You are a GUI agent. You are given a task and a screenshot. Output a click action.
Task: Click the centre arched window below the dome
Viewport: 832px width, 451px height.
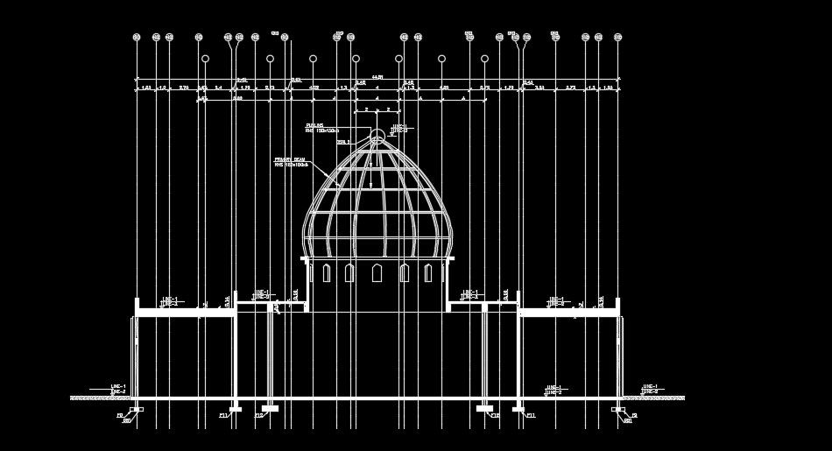[x=377, y=273]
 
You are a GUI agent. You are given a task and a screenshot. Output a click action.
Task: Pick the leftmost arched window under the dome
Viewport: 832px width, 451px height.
[x=327, y=273]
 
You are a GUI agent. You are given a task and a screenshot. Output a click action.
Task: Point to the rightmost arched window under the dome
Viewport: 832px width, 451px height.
[x=428, y=273]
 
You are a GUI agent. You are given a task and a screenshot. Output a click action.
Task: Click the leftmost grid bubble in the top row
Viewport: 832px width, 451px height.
[x=137, y=38]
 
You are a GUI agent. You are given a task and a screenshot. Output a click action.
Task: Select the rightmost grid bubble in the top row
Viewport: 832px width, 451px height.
[x=617, y=38]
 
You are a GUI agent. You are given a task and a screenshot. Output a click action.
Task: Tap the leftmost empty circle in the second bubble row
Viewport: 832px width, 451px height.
[x=205, y=59]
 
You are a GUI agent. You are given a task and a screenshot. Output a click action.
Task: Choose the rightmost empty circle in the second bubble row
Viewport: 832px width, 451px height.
[x=484, y=59]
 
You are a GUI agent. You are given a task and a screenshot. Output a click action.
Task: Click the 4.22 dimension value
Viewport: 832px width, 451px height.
[x=314, y=88]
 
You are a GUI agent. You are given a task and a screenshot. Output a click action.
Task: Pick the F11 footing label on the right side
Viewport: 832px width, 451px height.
[x=531, y=415]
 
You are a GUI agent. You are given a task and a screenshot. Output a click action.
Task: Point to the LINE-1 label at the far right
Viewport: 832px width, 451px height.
[x=649, y=386]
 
